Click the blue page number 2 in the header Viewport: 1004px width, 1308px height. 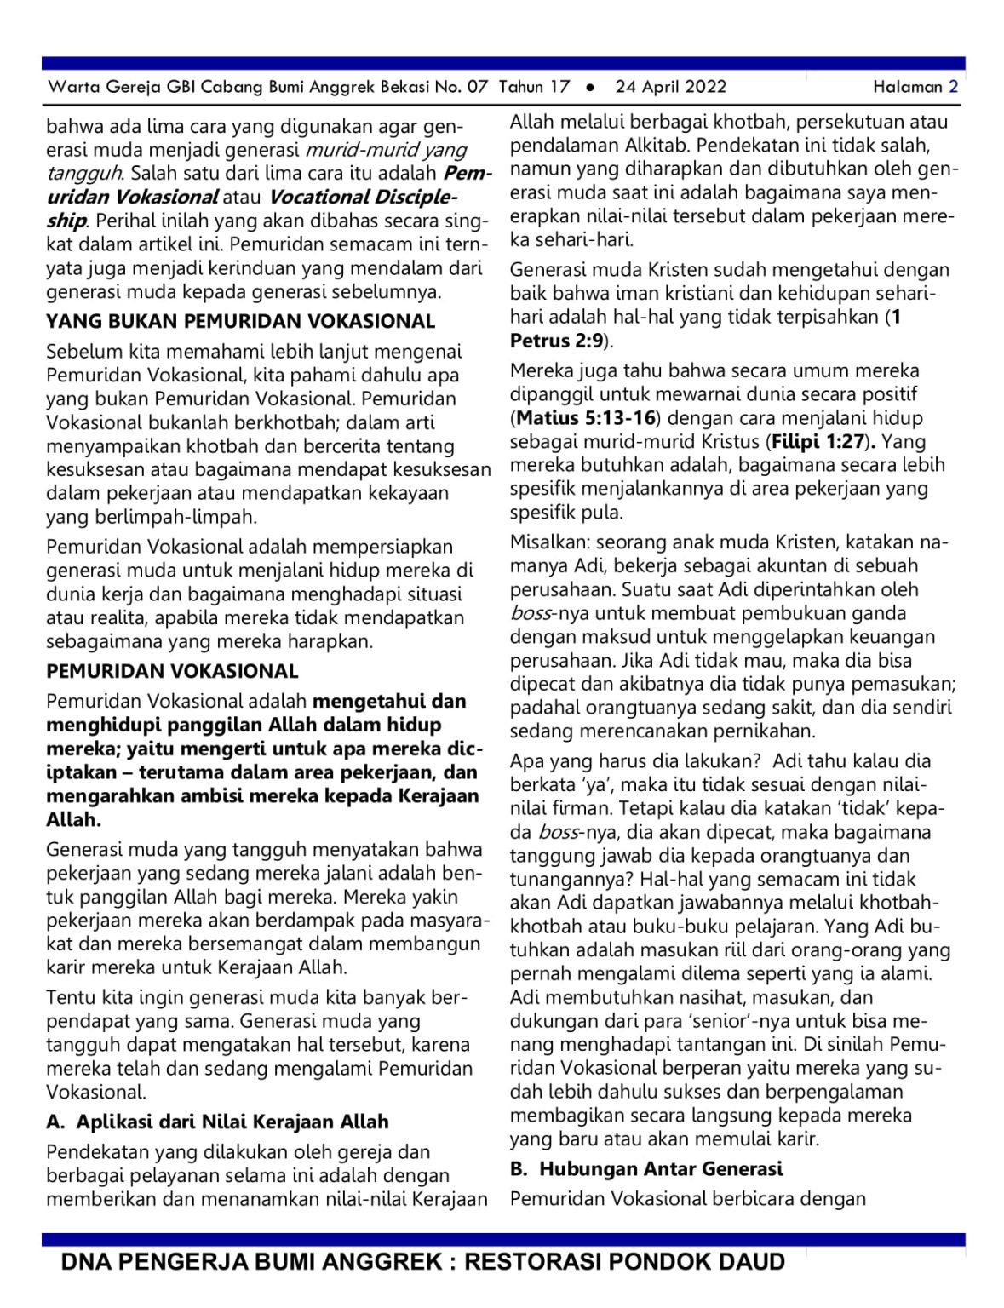(953, 86)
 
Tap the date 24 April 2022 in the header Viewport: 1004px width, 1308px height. (670, 86)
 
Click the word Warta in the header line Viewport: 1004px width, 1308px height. (71, 86)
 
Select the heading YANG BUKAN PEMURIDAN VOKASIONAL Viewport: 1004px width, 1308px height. (240, 321)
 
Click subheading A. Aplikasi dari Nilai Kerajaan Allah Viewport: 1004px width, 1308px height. (217, 1122)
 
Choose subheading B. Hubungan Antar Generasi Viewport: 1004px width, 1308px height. (646, 1168)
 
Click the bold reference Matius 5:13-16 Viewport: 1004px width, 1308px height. (587, 417)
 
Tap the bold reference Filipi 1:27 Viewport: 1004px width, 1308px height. (820, 441)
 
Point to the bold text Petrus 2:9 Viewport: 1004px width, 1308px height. (557, 341)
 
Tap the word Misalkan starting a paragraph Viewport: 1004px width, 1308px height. (549, 542)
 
